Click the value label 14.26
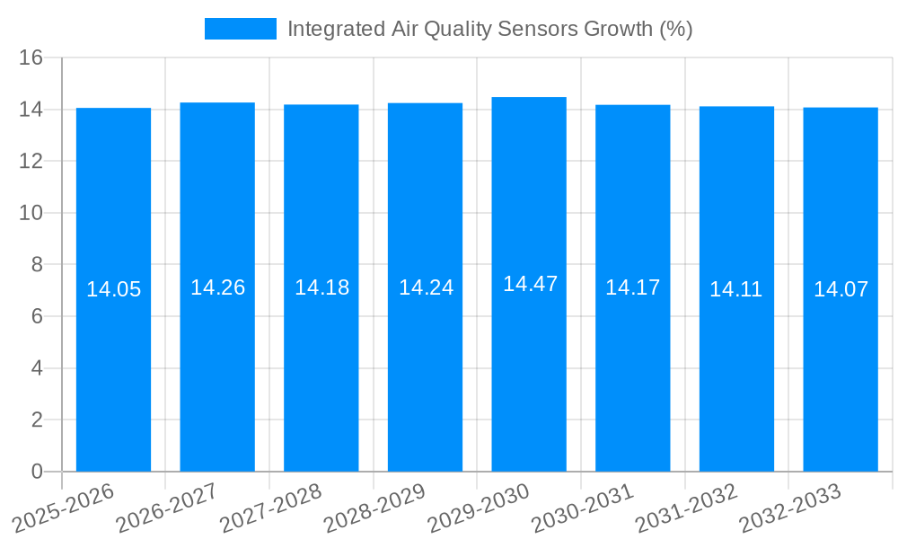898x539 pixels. (217, 287)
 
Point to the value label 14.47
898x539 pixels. (530, 284)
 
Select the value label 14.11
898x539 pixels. (735, 289)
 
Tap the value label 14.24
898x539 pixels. (426, 287)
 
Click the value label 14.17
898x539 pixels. (632, 287)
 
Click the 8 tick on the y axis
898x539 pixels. (37, 265)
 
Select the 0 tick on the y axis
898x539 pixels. (37, 472)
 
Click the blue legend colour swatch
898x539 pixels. (240, 29)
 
